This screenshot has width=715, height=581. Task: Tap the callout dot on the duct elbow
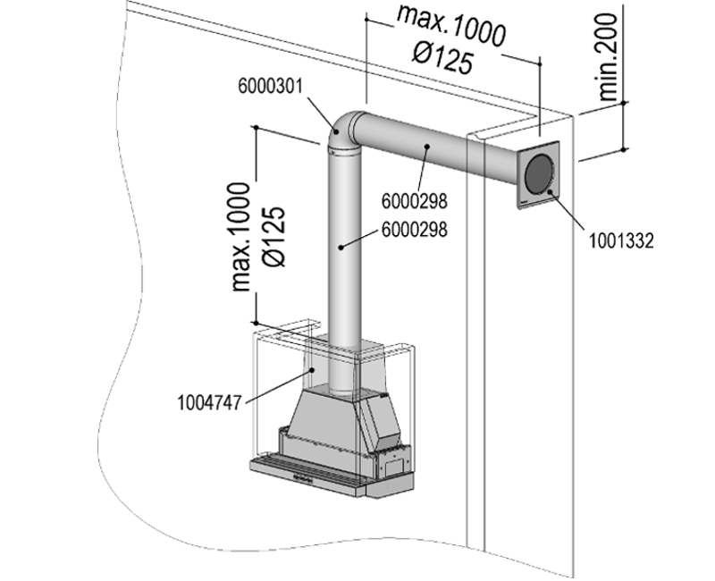pyautogui.click(x=335, y=131)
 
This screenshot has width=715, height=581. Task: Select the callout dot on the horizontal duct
pyautogui.click(x=427, y=147)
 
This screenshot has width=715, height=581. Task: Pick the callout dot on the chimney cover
pyautogui.click(x=311, y=369)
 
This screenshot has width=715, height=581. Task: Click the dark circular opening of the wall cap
pyautogui.click(x=539, y=172)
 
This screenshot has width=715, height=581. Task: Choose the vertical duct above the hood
pyautogui.click(x=344, y=268)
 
